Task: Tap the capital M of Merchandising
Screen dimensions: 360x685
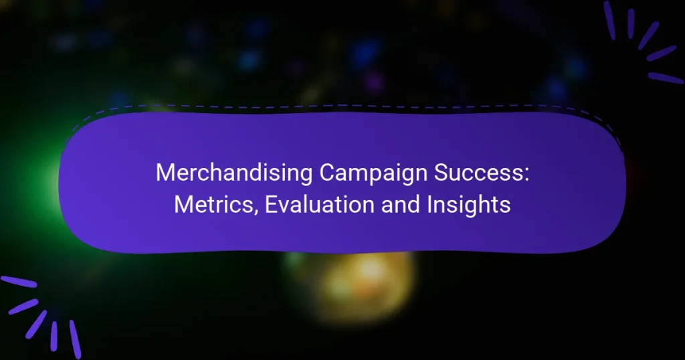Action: (165, 173)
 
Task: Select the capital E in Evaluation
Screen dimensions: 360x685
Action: (271, 205)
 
